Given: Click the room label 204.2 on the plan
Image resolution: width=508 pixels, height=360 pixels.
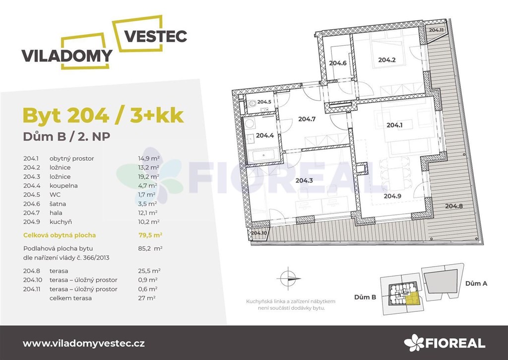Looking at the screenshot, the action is click(x=387, y=60).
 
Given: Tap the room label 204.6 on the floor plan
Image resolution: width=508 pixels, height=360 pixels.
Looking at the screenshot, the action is click(x=337, y=63).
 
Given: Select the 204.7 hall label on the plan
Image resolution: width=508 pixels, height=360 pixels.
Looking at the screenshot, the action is click(x=307, y=119).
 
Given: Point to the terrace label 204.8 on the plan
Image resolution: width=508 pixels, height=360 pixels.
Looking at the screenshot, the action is click(x=454, y=206).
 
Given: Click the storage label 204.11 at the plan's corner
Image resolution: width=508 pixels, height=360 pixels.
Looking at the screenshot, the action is click(x=436, y=30).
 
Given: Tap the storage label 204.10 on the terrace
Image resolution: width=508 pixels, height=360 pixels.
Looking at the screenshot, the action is click(x=259, y=233).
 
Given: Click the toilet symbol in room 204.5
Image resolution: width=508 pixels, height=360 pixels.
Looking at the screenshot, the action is click(x=253, y=103).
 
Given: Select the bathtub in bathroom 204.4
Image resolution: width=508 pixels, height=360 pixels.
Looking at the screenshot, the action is click(x=263, y=156).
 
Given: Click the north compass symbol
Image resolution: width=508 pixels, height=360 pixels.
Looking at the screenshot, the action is click(x=288, y=278).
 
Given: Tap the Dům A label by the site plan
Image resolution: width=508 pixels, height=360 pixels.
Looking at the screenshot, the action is click(x=476, y=284).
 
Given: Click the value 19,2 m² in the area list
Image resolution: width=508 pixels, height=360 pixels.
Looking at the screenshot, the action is click(x=148, y=176).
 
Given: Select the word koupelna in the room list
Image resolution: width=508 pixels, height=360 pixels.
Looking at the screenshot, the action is click(x=63, y=186).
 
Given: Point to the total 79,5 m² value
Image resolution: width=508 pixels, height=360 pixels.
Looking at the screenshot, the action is click(x=150, y=235).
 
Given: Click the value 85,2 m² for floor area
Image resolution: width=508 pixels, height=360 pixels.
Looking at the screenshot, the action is click(x=150, y=248).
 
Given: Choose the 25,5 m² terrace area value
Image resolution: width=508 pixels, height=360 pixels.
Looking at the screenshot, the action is click(x=149, y=271).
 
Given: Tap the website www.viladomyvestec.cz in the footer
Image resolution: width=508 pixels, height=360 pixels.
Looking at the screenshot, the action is click(x=83, y=344).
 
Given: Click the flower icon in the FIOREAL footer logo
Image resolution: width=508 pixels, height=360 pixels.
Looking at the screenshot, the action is click(x=414, y=343).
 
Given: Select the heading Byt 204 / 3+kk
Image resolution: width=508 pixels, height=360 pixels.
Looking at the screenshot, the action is click(x=103, y=115).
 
